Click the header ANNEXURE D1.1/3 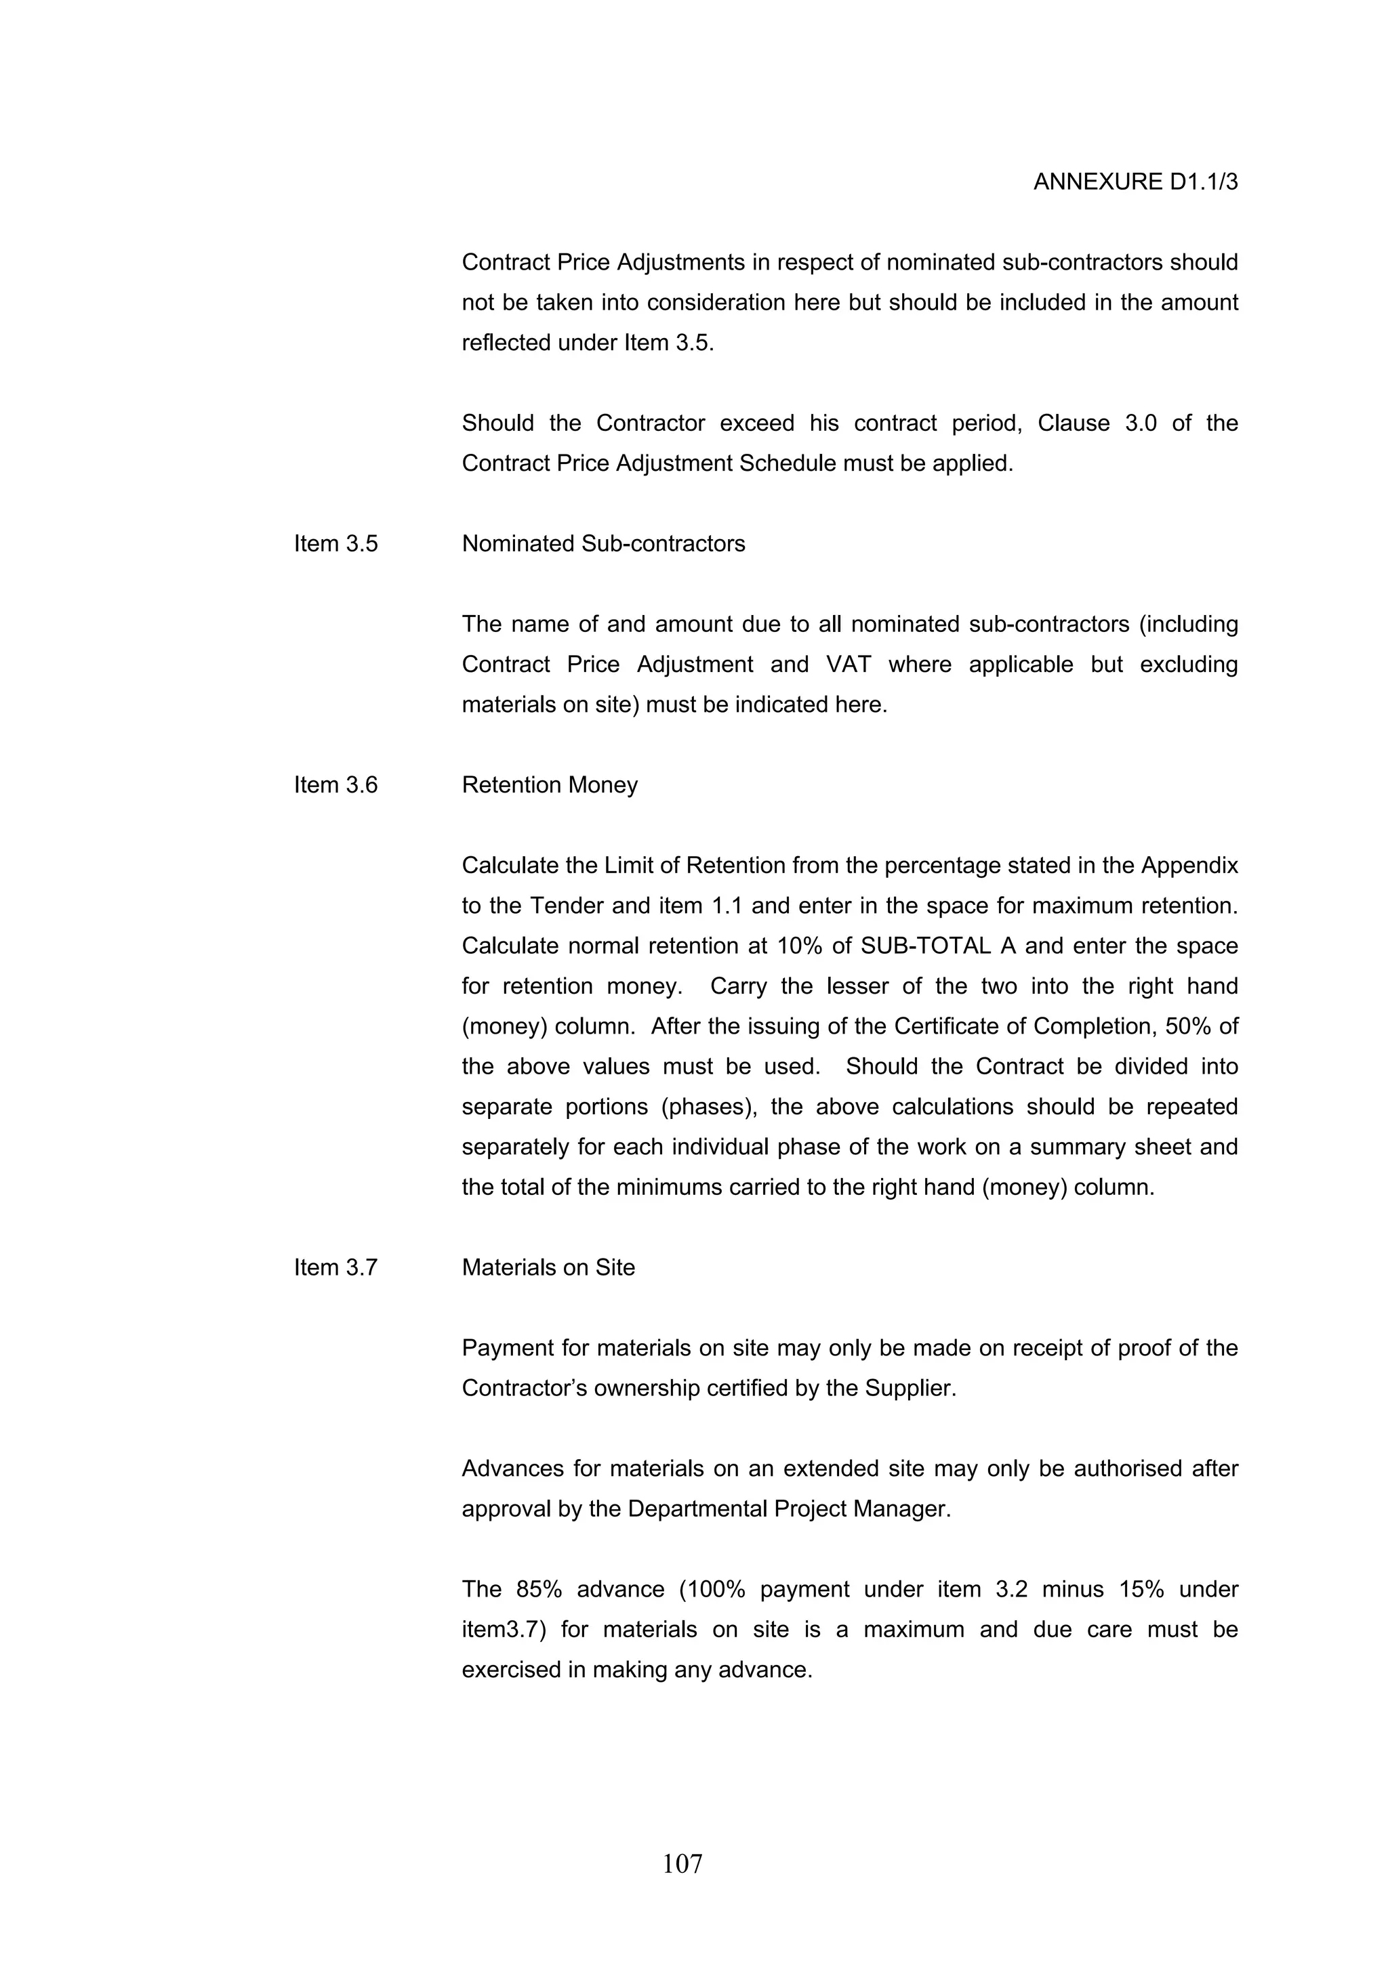pos(1135,182)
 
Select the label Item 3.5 pos(335,544)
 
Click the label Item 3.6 pos(335,785)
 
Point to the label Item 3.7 pos(335,1267)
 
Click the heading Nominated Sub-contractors pos(603,544)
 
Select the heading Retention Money pos(549,785)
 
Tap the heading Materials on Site pos(548,1267)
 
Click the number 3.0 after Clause pos(1140,423)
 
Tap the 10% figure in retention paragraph pos(800,946)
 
